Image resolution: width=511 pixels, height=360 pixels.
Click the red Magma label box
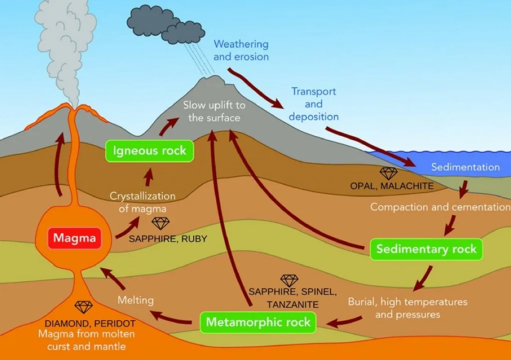(74, 238)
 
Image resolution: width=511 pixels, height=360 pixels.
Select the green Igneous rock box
(149, 151)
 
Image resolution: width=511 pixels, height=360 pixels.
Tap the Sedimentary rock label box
(426, 249)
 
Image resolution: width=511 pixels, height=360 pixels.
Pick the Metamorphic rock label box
(258, 322)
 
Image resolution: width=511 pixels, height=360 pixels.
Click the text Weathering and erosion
(241, 50)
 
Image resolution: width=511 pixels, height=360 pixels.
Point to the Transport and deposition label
(313, 104)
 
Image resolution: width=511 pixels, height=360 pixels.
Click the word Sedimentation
(465, 167)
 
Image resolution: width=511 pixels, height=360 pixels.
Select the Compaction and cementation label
(440, 206)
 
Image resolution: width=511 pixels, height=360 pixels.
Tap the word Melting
(136, 300)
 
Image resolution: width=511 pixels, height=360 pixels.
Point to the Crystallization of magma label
(142, 202)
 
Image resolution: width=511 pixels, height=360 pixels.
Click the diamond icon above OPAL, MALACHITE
(389, 173)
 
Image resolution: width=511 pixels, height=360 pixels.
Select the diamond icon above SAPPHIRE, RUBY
(161, 223)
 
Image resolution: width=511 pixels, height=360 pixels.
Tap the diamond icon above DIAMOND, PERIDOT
(83, 307)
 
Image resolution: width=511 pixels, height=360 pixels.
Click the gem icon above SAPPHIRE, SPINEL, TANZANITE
(289, 280)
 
